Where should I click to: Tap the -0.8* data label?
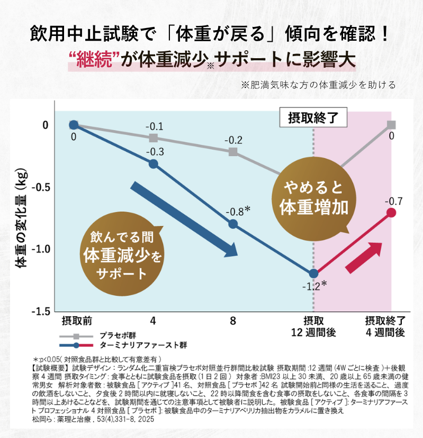point(237,211)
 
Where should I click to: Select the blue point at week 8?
point(233,224)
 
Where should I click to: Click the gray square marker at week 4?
point(154,138)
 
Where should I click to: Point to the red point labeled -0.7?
point(391,213)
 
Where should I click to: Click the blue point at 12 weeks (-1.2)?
point(313,273)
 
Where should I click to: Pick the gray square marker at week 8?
point(233,152)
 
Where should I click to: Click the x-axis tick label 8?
point(233,321)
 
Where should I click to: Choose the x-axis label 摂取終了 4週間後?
point(385,326)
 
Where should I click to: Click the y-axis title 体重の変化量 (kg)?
point(23,220)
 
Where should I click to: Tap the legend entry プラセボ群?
point(115,336)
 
